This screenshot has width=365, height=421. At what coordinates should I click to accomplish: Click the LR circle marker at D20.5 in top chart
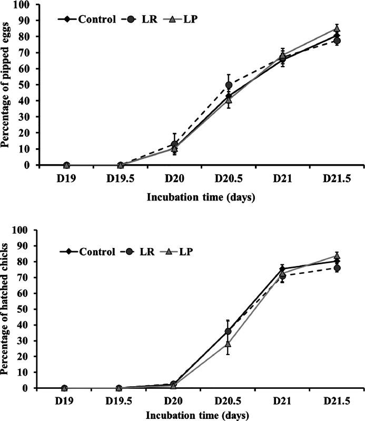point(229,85)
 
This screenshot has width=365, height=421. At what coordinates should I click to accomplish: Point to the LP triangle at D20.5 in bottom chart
point(228,343)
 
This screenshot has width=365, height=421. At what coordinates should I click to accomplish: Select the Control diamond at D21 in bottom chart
point(282,269)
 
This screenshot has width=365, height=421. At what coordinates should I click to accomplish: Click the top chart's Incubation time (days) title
point(202,198)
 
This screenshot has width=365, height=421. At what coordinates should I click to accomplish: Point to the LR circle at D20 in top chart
point(174,144)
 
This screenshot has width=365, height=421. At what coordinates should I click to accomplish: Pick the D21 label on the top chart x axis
point(282,178)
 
